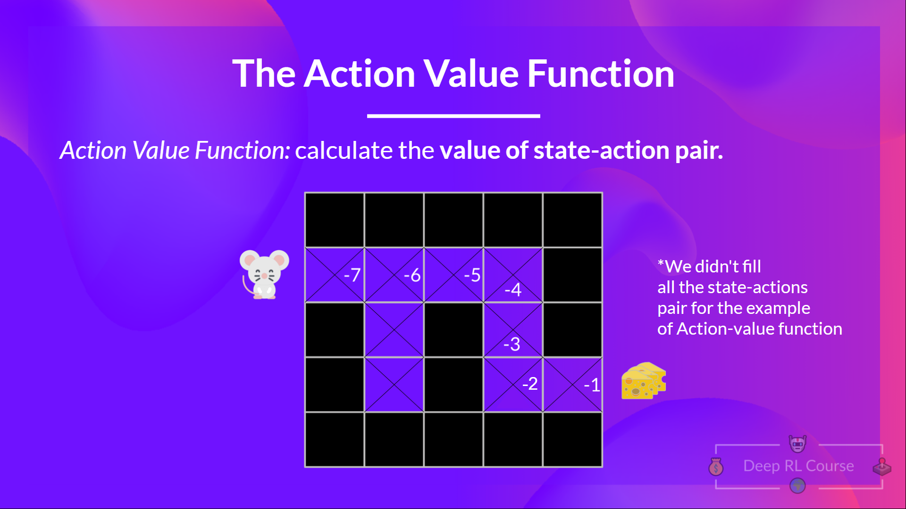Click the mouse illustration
[x=264, y=274]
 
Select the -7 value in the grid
[x=352, y=275]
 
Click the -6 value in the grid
[x=412, y=275]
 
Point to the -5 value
[x=472, y=275]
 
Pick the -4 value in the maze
[x=513, y=289]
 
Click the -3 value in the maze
[x=512, y=344]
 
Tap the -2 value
[x=530, y=384]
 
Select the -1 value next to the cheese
[x=592, y=385]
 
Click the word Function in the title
[x=600, y=74]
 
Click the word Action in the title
[x=359, y=74]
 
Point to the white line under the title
[x=453, y=115]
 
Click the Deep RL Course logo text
[x=798, y=466]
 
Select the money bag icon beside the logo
[x=716, y=467]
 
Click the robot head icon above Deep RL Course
[x=797, y=443]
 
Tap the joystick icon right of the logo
[x=881, y=467]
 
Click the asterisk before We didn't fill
[x=661, y=262]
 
